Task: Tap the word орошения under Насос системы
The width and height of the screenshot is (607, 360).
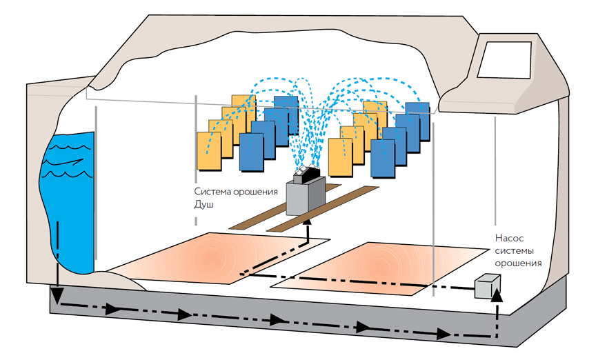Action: pos(518,263)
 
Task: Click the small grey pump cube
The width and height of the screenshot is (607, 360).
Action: pos(486,287)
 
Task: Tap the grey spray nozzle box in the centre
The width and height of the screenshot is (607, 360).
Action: pos(305,196)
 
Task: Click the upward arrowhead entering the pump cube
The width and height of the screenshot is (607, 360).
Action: pos(499,295)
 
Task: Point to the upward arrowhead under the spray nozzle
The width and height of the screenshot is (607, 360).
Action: pos(308,221)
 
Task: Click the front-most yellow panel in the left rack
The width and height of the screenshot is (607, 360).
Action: pos(209,150)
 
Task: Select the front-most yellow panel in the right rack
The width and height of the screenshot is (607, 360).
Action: pos(340,157)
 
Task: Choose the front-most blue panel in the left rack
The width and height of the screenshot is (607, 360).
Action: pos(251,152)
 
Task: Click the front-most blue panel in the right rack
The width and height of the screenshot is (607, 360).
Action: pos(382,157)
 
